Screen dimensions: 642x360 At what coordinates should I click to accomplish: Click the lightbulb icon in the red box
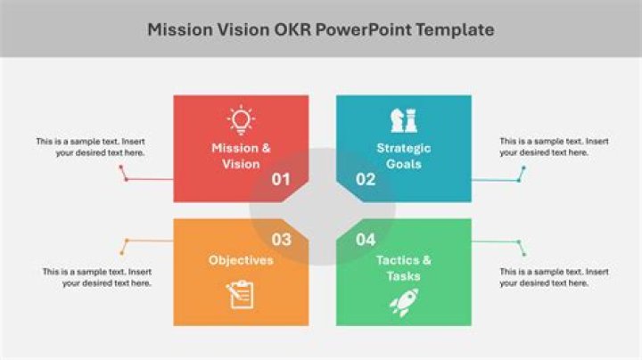pos(241,120)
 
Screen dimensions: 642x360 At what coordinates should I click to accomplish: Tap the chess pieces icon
pos(404,120)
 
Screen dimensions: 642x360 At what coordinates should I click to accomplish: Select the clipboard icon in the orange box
pos(241,295)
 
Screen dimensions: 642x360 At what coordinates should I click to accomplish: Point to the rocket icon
pos(404,302)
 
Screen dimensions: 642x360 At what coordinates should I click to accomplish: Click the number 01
pos(281,179)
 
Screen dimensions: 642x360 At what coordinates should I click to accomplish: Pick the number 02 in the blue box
pos(366,179)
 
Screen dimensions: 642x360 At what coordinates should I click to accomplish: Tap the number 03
pos(281,240)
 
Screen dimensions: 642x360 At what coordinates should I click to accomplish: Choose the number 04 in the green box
pos(366,240)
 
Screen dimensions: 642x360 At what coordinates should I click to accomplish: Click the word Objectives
pos(241,260)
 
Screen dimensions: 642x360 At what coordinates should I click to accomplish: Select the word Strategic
pos(404,148)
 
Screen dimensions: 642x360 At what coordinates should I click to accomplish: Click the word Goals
pos(404,164)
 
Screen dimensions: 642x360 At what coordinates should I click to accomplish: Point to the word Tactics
pos(398,260)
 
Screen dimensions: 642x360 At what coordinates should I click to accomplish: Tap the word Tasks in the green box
pos(404,276)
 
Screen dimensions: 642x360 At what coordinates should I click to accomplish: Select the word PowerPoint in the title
pos(364,29)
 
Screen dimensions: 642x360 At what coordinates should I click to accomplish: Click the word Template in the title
pos(456,30)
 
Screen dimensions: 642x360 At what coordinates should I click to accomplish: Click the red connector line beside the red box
pos(150,179)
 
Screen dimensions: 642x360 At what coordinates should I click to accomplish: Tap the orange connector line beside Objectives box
pos(150,241)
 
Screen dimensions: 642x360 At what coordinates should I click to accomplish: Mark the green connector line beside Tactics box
pos(496,241)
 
